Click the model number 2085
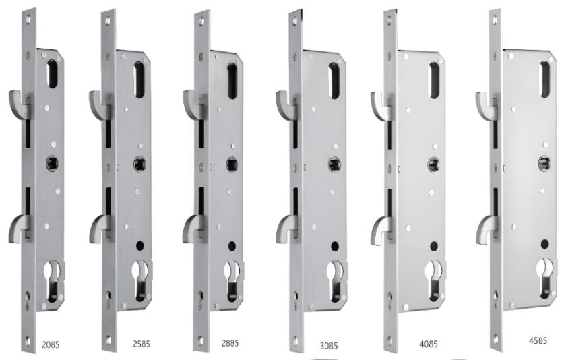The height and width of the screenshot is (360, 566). pyautogui.click(x=51, y=344)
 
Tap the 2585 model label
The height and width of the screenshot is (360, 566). pyautogui.click(x=141, y=344)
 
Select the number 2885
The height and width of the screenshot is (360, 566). pyautogui.click(x=230, y=342)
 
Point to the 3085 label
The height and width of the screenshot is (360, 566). pyautogui.click(x=329, y=346)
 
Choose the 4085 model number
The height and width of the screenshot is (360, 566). pyautogui.click(x=429, y=344)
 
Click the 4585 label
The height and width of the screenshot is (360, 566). pyautogui.click(x=538, y=340)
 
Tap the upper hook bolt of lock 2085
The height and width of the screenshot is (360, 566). pyautogui.click(x=18, y=102)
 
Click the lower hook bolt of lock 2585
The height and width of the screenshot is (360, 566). pyautogui.click(x=100, y=227)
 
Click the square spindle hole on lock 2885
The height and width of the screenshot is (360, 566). pyautogui.click(x=232, y=164)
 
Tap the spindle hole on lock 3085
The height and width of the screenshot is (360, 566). pyautogui.click(x=334, y=164)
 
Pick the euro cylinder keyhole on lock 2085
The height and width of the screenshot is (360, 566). pyautogui.click(x=53, y=281)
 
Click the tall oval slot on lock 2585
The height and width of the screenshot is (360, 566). pyautogui.click(x=139, y=80)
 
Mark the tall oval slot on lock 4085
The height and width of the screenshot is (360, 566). pyautogui.click(x=434, y=80)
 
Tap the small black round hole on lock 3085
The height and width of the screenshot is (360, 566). pyautogui.click(x=335, y=247)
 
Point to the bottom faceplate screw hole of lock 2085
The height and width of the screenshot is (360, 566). pyautogui.click(x=28, y=340)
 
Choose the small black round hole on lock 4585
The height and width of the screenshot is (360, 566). pyautogui.click(x=544, y=244)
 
